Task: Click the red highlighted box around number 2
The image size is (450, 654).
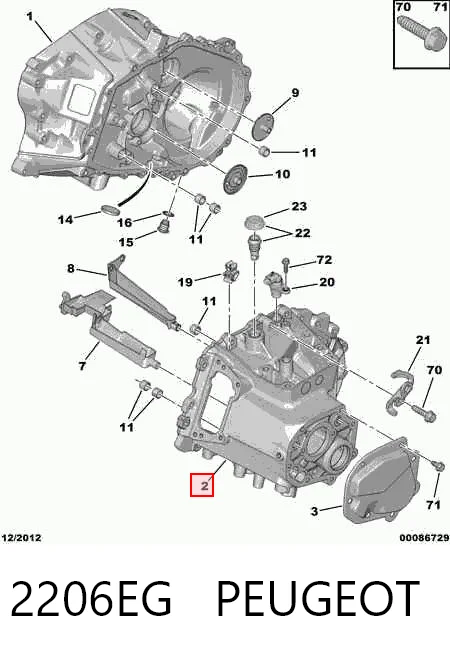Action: pyautogui.click(x=202, y=485)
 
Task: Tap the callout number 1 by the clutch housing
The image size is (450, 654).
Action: pyautogui.click(x=30, y=17)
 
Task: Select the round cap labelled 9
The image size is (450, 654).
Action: pyautogui.click(x=263, y=125)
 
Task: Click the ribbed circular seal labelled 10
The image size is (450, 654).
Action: pyautogui.click(x=236, y=180)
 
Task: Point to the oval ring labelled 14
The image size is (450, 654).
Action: pyautogui.click(x=110, y=210)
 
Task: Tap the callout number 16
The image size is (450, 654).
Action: pyautogui.click(x=124, y=222)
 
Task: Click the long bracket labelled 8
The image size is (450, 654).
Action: pyautogui.click(x=142, y=294)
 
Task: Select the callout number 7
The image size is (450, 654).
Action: pyautogui.click(x=82, y=366)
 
